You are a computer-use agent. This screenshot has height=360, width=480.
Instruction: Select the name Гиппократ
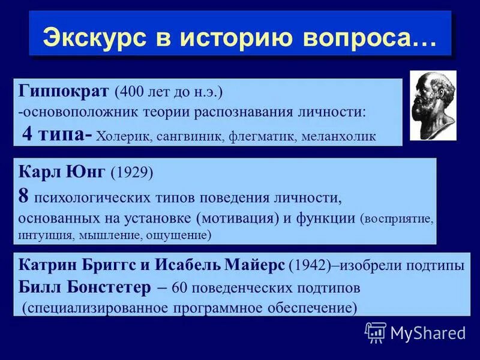(64, 92)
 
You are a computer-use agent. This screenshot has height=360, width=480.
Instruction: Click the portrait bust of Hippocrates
(433, 105)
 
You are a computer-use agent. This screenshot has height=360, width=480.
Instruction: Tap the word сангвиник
(191, 136)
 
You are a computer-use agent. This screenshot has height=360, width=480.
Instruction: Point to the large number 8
(23, 195)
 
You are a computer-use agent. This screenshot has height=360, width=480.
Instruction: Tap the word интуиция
(46, 235)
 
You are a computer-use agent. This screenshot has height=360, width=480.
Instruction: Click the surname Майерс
(252, 265)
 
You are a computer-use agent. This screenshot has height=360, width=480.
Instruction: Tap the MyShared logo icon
(376, 332)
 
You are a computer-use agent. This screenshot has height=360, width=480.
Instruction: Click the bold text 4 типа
(52, 134)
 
